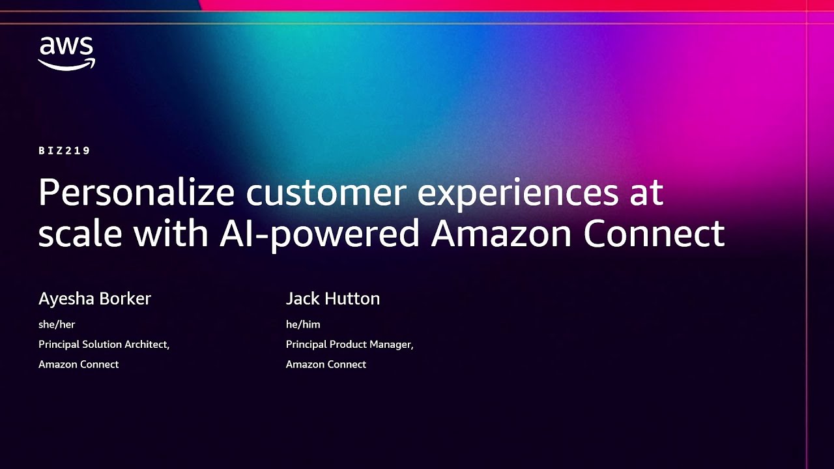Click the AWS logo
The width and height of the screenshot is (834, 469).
pos(66,53)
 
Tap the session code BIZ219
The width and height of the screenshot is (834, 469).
pos(65,150)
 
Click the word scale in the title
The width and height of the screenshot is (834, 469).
pos(79,233)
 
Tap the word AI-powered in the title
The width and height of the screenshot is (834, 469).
pos(319,233)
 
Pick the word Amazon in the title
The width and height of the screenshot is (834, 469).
pos(501,233)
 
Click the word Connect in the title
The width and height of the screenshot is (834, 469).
pos(654,233)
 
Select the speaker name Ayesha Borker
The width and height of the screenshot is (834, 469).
pos(94,298)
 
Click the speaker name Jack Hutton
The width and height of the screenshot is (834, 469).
pos(332,298)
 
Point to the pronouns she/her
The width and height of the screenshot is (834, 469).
pos(57,324)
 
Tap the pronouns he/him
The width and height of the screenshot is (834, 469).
pos(303,324)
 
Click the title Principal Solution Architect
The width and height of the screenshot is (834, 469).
pos(104,344)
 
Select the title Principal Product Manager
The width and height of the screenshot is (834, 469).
pos(349,344)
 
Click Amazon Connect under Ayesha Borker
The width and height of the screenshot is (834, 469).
pos(78,364)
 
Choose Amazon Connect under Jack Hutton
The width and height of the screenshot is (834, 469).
pos(326,364)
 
